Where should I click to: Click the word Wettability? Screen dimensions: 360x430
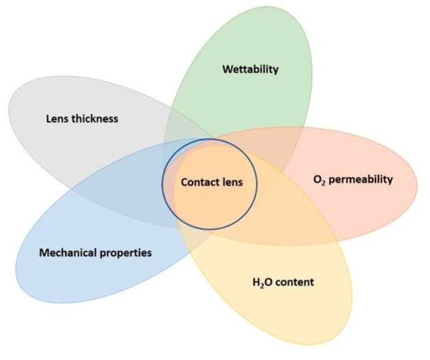click(x=250, y=70)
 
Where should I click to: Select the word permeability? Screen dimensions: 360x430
click(x=361, y=179)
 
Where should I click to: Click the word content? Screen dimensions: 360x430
click(x=293, y=281)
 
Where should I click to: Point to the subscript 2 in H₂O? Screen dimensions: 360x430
click(x=259, y=284)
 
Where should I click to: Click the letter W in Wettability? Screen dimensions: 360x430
click(x=226, y=70)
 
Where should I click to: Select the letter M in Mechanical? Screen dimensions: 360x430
click(x=43, y=252)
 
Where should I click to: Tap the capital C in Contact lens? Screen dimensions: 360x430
click(x=184, y=182)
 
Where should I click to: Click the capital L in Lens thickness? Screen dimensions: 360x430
click(x=48, y=118)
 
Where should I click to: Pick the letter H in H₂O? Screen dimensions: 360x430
click(x=254, y=281)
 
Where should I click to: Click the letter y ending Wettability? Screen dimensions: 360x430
click(x=276, y=71)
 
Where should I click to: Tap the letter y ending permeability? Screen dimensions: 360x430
click(x=390, y=181)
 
